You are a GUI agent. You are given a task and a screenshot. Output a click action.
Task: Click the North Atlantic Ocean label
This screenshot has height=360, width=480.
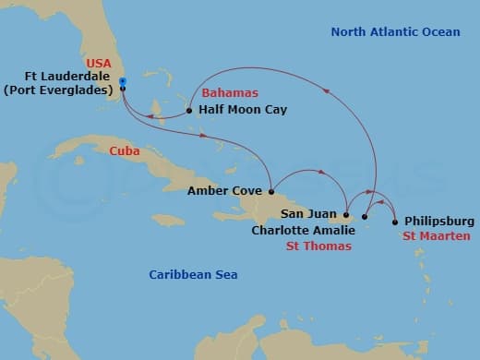pyautogui.click(x=395, y=32)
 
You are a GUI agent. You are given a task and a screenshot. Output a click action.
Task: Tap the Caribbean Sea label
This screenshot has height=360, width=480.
pyautogui.click(x=193, y=274)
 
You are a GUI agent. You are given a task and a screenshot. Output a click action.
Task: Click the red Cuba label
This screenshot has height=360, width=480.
pyautogui.click(x=124, y=150)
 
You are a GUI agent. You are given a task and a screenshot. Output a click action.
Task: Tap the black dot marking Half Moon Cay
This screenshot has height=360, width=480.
pyautogui.click(x=189, y=110)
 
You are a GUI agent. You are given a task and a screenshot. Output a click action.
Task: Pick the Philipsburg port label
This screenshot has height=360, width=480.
pyautogui.click(x=439, y=222)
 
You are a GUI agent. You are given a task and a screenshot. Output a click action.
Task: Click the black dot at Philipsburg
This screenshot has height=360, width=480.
pyautogui.click(x=395, y=222)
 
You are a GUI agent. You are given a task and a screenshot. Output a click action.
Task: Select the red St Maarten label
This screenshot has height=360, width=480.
pyautogui.click(x=438, y=236)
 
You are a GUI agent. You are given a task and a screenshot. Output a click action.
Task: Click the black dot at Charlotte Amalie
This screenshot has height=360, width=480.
pyautogui.click(x=365, y=217)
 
